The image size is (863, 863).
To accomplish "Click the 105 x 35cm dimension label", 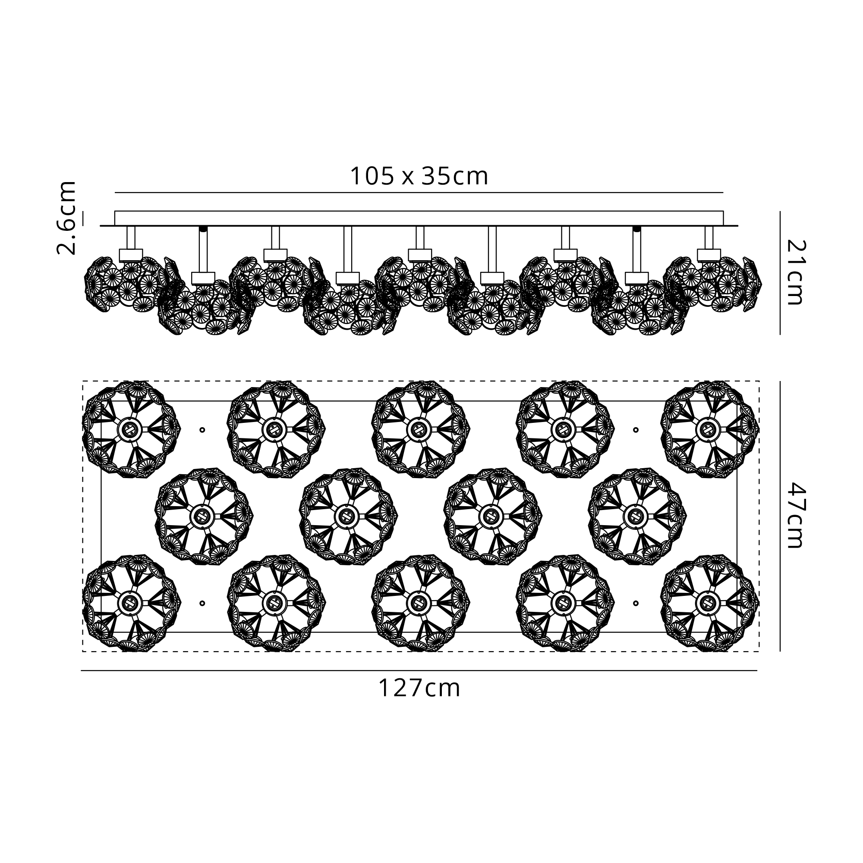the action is click(x=419, y=176).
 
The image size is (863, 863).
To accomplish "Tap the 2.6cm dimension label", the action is click(x=66, y=218).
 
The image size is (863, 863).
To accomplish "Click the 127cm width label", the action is click(x=419, y=688).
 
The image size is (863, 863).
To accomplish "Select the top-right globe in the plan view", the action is click(x=710, y=430).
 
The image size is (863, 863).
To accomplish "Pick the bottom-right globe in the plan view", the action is click(x=710, y=603).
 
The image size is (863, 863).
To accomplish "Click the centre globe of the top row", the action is click(x=420, y=430).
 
